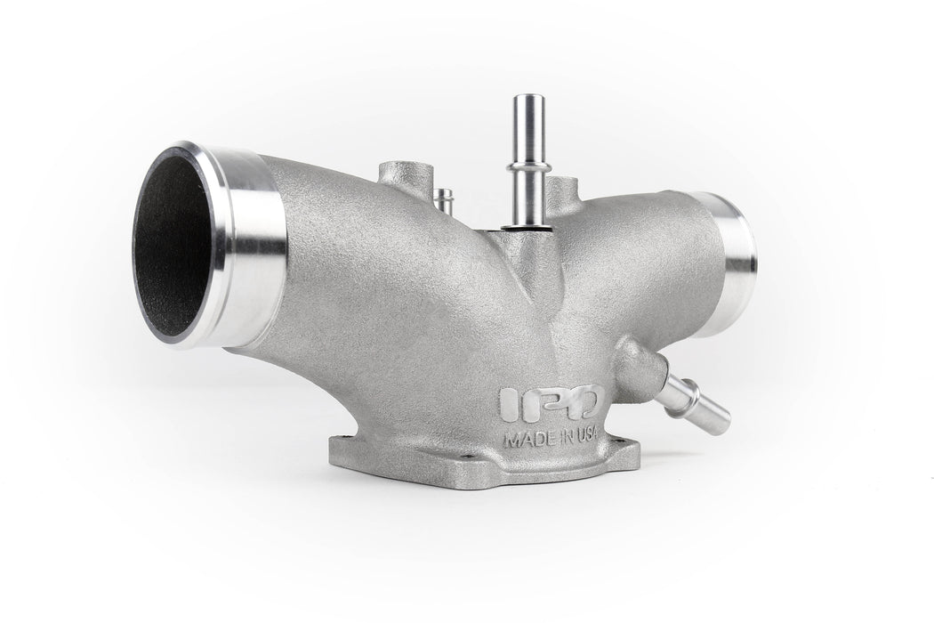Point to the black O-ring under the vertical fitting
click(x=527, y=227)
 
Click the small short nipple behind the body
click(x=443, y=199)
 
